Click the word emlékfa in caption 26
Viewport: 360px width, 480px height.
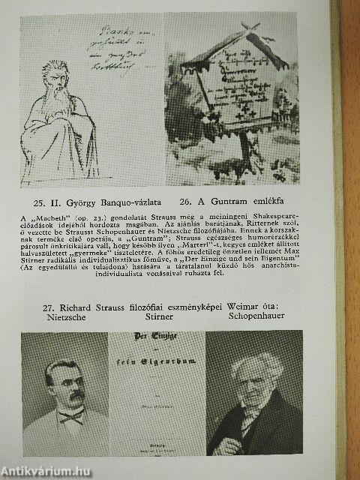tap(280, 202)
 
